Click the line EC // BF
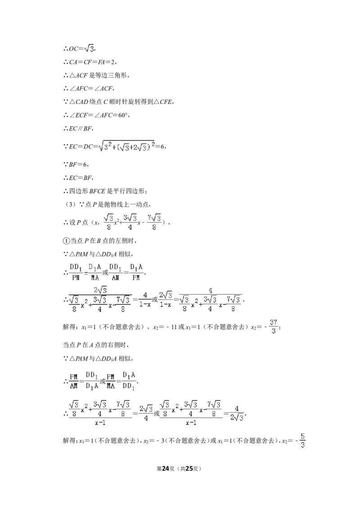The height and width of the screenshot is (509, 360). click(80, 129)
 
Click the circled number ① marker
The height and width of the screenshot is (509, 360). click(66, 241)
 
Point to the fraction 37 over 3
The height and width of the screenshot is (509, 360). click(273, 326)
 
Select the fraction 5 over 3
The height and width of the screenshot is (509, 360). click(302, 441)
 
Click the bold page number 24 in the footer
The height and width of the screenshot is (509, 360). click(166, 469)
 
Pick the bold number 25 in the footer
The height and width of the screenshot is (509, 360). click(189, 469)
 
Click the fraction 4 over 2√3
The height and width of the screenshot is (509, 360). click(237, 413)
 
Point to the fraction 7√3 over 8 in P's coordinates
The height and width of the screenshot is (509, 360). click(154, 222)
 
